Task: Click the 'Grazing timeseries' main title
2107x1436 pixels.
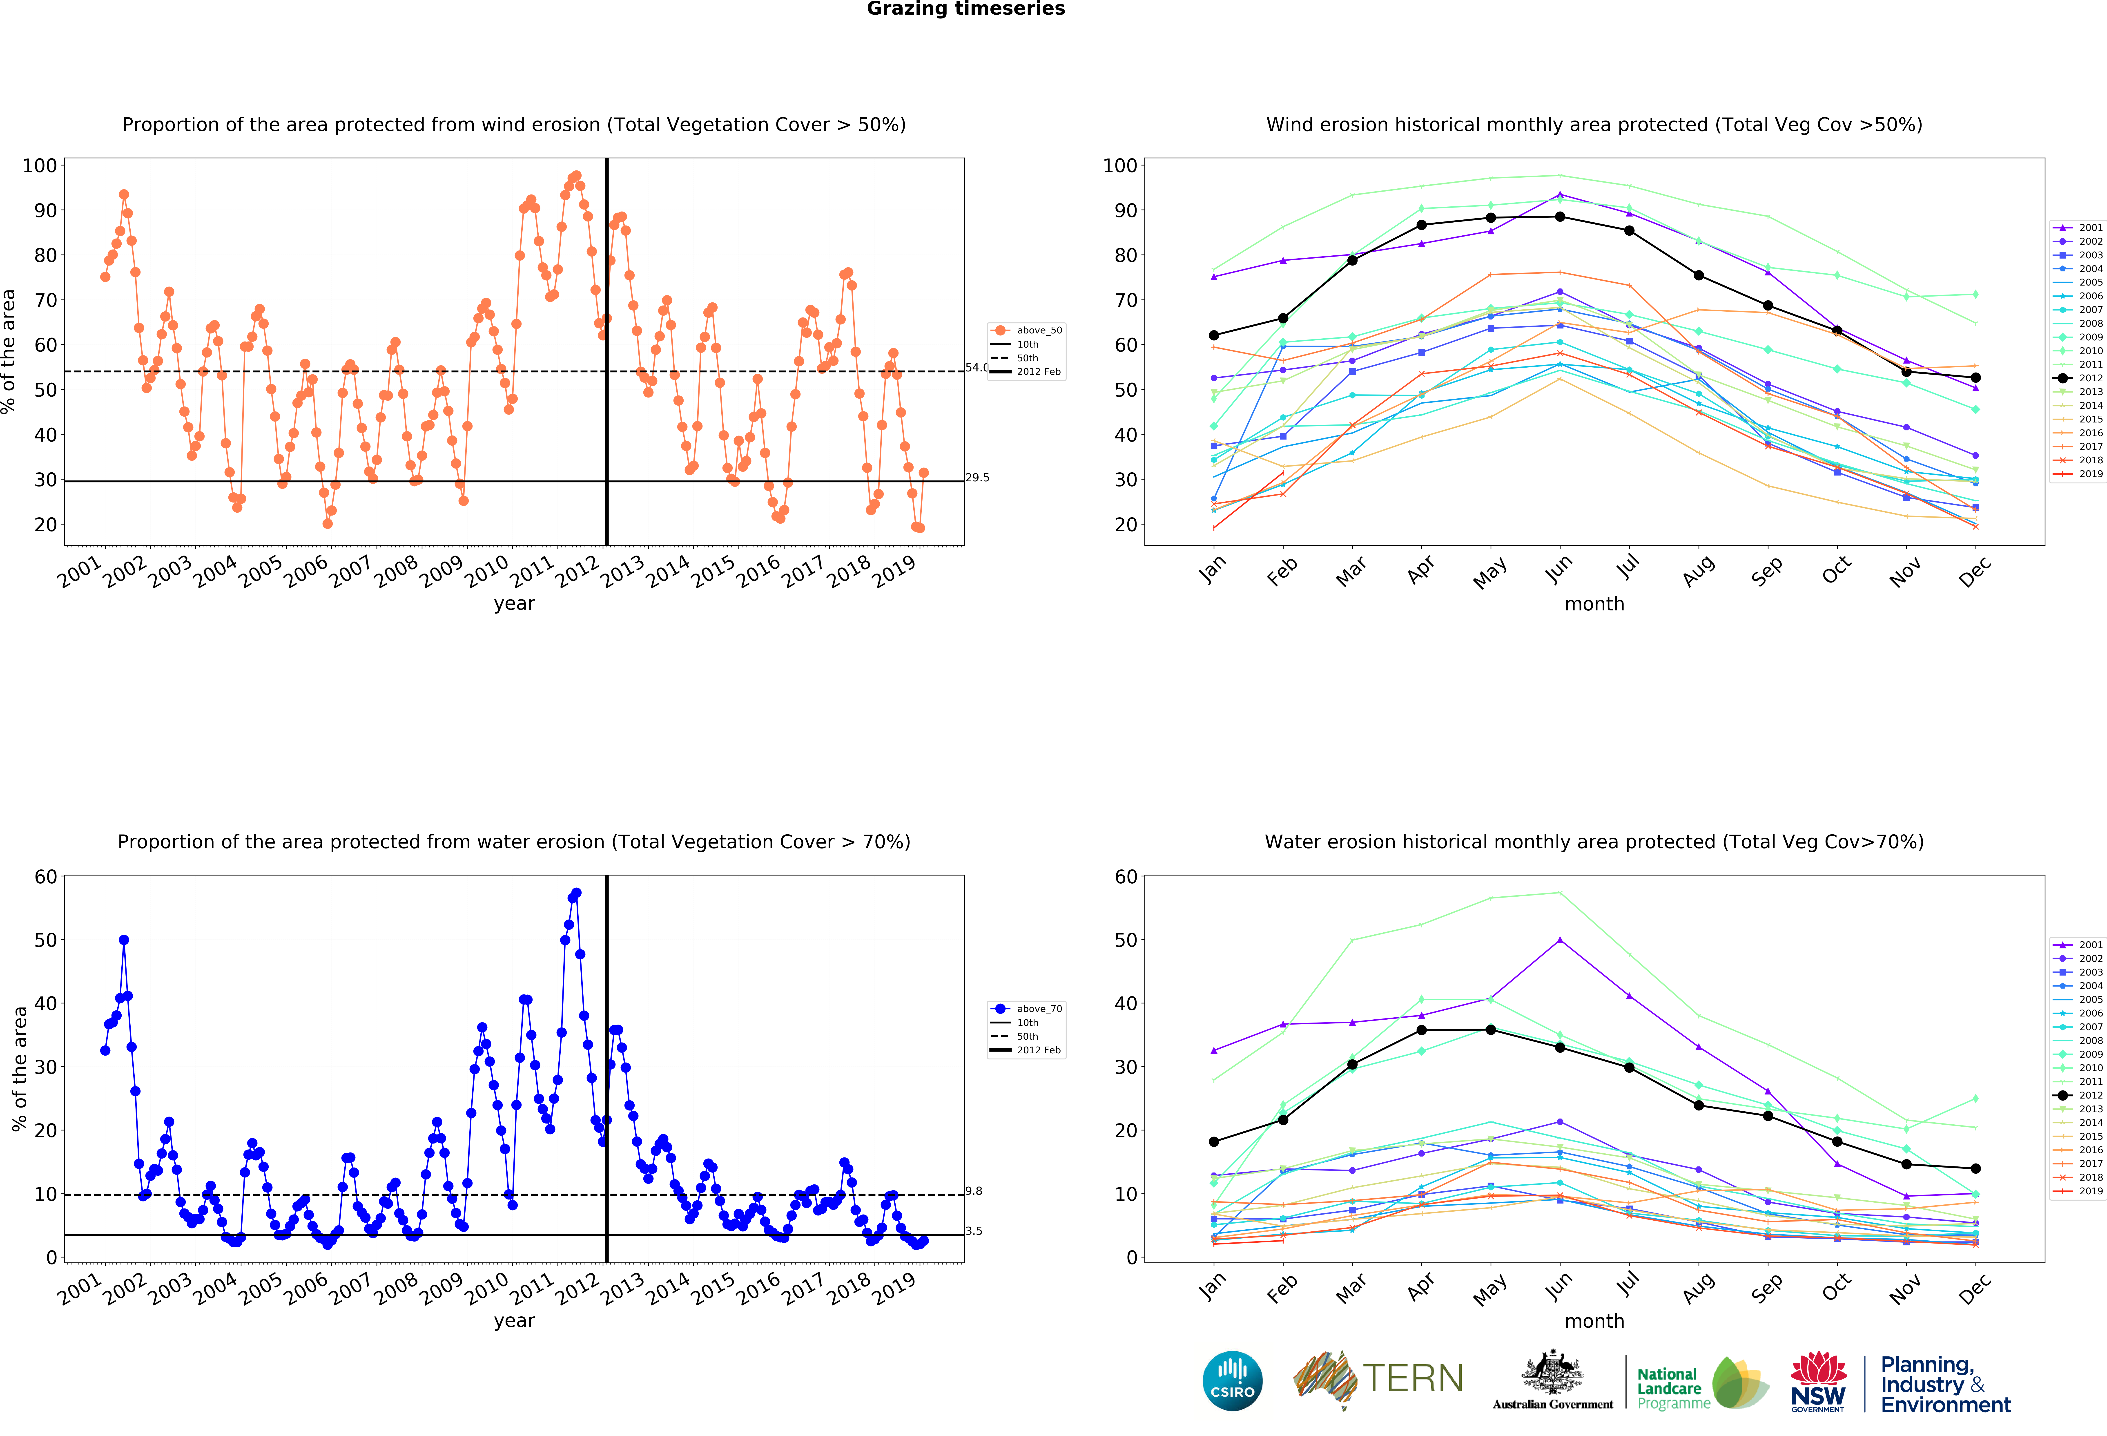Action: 965,9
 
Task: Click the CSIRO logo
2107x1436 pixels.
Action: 1232,1381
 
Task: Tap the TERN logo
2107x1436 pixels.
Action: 1378,1379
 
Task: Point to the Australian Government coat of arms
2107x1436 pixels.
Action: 1553,1373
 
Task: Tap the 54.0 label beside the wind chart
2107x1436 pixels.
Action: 976,367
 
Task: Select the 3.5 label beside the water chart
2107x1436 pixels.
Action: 974,1230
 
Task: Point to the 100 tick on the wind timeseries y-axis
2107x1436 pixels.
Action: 40,166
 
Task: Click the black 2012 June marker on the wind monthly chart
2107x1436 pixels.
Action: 1559,217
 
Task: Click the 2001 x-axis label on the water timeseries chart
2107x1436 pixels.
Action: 80,1287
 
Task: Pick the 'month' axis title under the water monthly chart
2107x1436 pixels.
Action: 1594,1321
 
